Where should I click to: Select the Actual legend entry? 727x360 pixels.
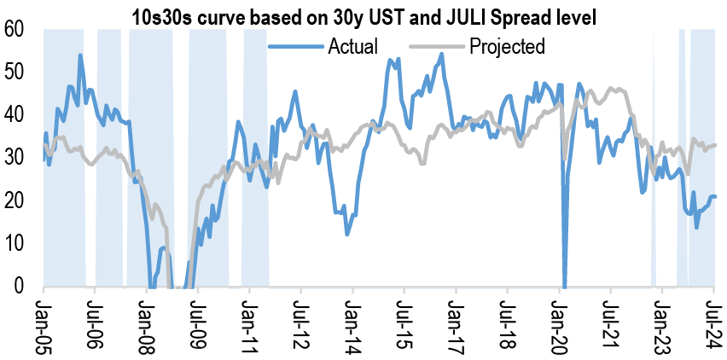pyautogui.click(x=352, y=46)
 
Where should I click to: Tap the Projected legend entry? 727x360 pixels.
pyautogui.click(x=507, y=46)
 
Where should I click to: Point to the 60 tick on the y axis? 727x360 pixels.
pyautogui.click(x=15, y=30)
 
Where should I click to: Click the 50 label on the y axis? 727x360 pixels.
pyautogui.click(x=15, y=73)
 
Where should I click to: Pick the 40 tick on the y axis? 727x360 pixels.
pyautogui.click(x=15, y=115)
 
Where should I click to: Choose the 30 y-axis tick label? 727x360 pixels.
pyautogui.click(x=15, y=158)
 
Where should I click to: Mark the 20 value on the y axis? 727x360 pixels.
pyautogui.click(x=15, y=200)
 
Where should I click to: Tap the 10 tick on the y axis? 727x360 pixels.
pyautogui.click(x=15, y=243)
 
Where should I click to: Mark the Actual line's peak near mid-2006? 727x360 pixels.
pyautogui.click(x=80, y=55)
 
